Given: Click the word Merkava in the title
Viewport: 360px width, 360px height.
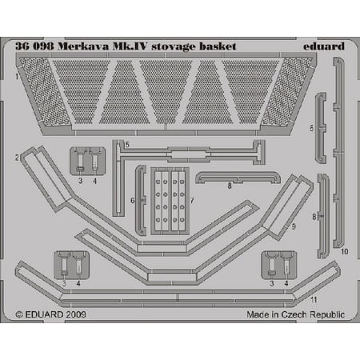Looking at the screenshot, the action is coord(83,46).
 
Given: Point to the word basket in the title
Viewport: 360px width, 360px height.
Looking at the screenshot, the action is coord(218,46).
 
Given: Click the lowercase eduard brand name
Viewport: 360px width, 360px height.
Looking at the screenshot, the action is coord(324,46).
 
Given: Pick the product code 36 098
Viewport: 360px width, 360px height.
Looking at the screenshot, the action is coord(34,46).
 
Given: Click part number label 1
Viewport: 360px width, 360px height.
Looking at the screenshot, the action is coord(17,78).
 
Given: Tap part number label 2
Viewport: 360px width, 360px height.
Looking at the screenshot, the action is coord(17,158).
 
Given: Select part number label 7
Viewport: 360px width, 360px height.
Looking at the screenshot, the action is coord(192,201).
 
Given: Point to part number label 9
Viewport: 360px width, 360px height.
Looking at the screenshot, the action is coord(294,226).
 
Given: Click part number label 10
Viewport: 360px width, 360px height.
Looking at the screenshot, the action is coord(345,251).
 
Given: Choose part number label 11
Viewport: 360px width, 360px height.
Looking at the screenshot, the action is coord(314,300).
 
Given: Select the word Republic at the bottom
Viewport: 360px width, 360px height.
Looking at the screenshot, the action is coord(328,315).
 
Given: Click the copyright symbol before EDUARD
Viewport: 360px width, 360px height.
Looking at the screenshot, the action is coord(19,314).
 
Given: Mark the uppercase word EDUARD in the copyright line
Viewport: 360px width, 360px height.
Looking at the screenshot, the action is coord(44,314).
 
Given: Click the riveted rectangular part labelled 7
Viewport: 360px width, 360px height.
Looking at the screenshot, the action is coord(170,201).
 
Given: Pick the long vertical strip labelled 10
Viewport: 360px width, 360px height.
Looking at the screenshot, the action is coord(338,153).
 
